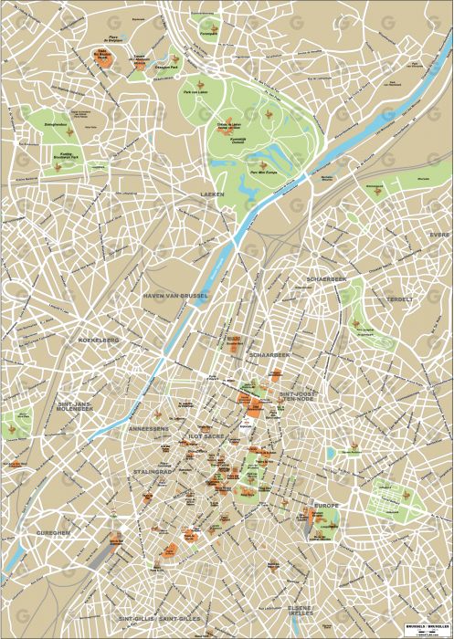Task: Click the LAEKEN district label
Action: pyautogui.click(x=212, y=194)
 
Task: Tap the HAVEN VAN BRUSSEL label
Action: pyautogui.click(x=176, y=297)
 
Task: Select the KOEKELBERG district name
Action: pyautogui.click(x=100, y=340)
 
